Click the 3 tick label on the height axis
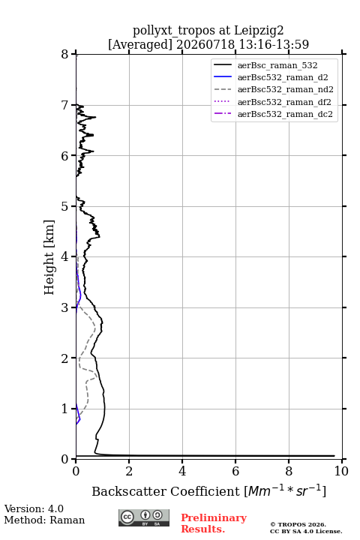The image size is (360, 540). [x=64, y=307]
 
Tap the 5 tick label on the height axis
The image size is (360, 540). [x=64, y=206]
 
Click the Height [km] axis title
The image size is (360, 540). [x=49, y=257]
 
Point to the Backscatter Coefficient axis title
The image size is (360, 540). [x=208, y=490]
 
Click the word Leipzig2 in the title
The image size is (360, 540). [x=259, y=31]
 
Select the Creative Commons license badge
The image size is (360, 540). [x=144, y=517]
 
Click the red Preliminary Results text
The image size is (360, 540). [x=214, y=523]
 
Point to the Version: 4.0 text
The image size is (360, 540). [x=34, y=508]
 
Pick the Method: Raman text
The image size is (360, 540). [x=44, y=520]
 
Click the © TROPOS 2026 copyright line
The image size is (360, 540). [x=298, y=524]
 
